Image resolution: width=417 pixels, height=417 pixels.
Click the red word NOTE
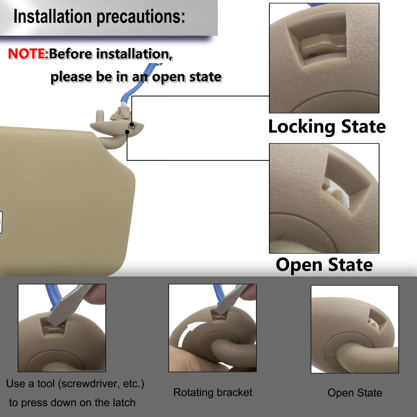pyautogui.click(x=28, y=54)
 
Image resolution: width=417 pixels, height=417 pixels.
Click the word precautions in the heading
pyautogui.click(x=141, y=17)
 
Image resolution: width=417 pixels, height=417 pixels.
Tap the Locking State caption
pyautogui.click(x=327, y=127)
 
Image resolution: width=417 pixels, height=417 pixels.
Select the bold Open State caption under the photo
pyautogui.click(x=324, y=265)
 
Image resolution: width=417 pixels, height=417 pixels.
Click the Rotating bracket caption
pyautogui.click(x=213, y=393)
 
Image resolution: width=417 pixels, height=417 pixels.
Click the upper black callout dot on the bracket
pyautogui.click(x=132, y=124)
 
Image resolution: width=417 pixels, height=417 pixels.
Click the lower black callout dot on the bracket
pyautogui.click(x=127, y=132)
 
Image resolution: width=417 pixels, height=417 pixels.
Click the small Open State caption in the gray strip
pyautogui.click(x=355, y=393)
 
